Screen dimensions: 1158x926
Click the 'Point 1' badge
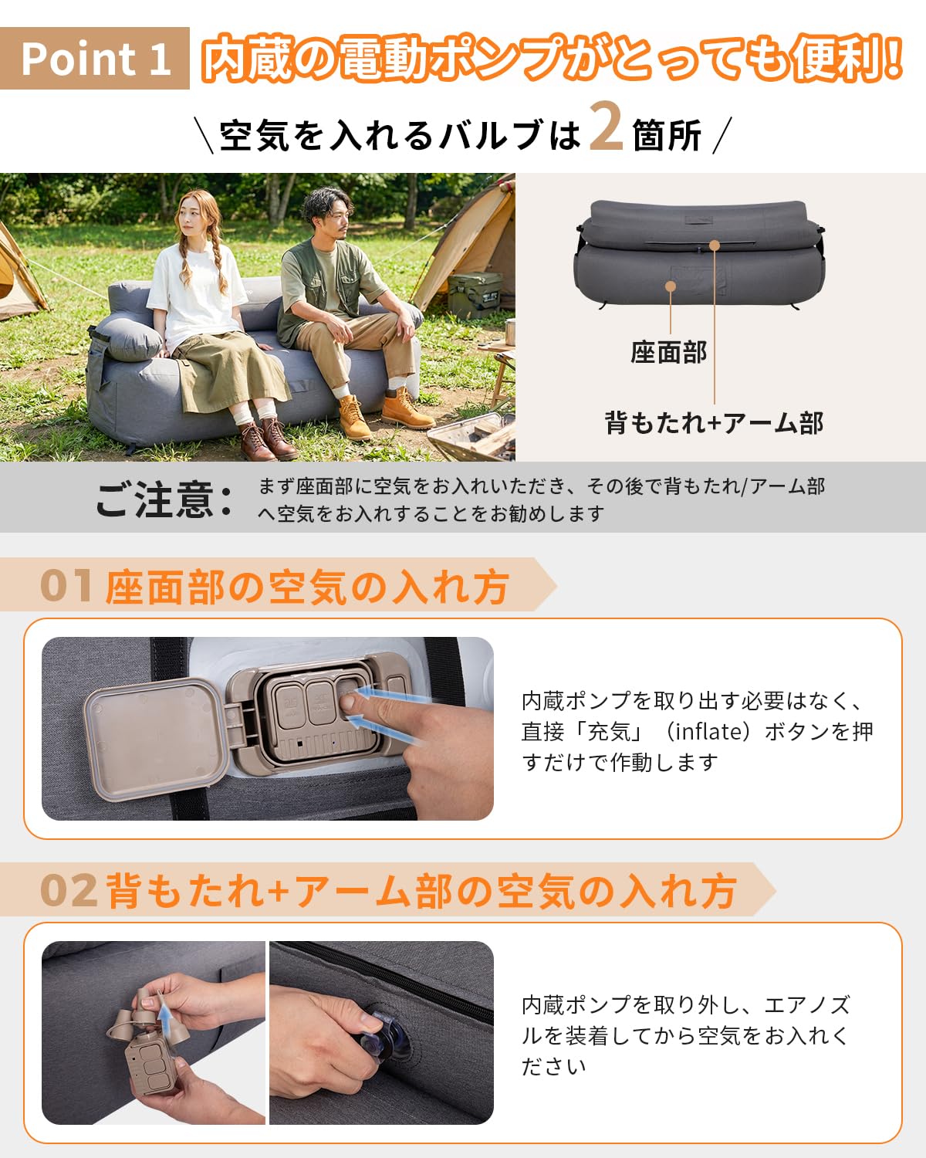[x=95, y=59]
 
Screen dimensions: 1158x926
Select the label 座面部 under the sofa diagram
[x=668, y=353]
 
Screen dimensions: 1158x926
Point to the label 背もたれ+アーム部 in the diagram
[x=714, y=423]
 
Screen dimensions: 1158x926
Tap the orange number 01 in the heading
[x=66, y=585]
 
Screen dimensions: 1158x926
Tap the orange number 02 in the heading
[x=69, y=890]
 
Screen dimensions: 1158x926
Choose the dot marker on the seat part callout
[x=671, y=286]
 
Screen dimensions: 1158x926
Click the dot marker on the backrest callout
[x=715, y=245]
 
